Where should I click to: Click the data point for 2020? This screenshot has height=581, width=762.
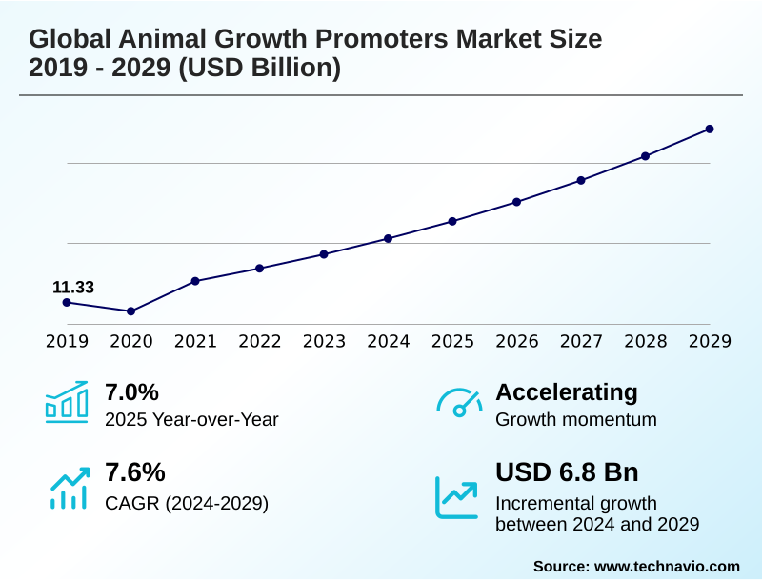pos(131,311)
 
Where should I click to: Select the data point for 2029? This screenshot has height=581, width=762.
pos(710,129)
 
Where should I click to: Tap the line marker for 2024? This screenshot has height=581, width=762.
pos(388,238)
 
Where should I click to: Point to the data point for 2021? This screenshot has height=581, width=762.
pos(195,281)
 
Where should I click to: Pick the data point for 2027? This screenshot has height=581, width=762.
pos(581,180)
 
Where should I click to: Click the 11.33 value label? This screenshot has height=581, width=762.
pos(73,288)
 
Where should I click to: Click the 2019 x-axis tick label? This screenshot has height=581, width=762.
pos(67,342)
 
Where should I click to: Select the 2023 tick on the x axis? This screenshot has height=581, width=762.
pos(324,342)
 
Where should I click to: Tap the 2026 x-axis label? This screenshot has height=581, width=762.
pos(516,342)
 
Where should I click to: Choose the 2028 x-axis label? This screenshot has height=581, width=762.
pos(645,342)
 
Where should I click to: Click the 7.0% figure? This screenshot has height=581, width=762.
pos(131,392)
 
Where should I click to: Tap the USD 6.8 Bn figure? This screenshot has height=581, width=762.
pos(567,472)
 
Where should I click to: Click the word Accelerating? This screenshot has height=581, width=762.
pos(567,392)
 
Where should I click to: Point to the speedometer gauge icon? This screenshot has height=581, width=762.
pos(459,402)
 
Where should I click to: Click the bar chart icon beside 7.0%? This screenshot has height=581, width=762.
pos(67,402)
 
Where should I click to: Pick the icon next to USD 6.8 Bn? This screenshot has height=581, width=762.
pos(457,496)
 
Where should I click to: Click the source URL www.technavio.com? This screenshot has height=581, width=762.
pos(667,566)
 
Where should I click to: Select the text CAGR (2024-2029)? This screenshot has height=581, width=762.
pos(187,503)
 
